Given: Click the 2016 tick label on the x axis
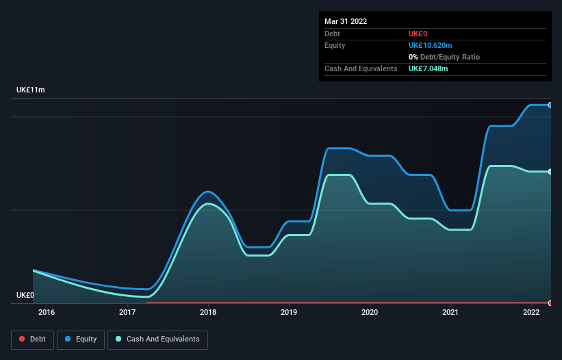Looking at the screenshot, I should coord(47,313).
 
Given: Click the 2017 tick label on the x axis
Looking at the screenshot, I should coord(127,313).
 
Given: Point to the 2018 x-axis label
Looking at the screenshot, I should coord(208,313).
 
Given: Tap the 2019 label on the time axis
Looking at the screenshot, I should coord(289,313).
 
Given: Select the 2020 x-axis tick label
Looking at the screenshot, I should coord(370,313).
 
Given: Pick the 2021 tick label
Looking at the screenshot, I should coord(450,313).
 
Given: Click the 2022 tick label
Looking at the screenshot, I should coord(531,313).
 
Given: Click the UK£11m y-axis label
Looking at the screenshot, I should coord(31,90).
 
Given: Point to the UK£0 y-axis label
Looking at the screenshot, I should coord(25,295).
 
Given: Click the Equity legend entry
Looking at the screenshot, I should coord(81,339).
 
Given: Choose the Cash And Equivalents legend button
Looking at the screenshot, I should coord(157,339).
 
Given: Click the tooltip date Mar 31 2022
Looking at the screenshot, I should coord(346,21).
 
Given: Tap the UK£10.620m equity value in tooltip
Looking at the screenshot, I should coord(431,45).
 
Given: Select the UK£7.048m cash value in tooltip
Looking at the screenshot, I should coord(428,68).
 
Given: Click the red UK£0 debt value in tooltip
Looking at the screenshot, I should coord(418,34).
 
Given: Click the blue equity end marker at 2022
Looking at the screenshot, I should coord(550,105).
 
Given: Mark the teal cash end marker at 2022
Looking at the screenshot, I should coord(550,171).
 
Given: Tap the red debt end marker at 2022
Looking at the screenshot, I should coord(550,303).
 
